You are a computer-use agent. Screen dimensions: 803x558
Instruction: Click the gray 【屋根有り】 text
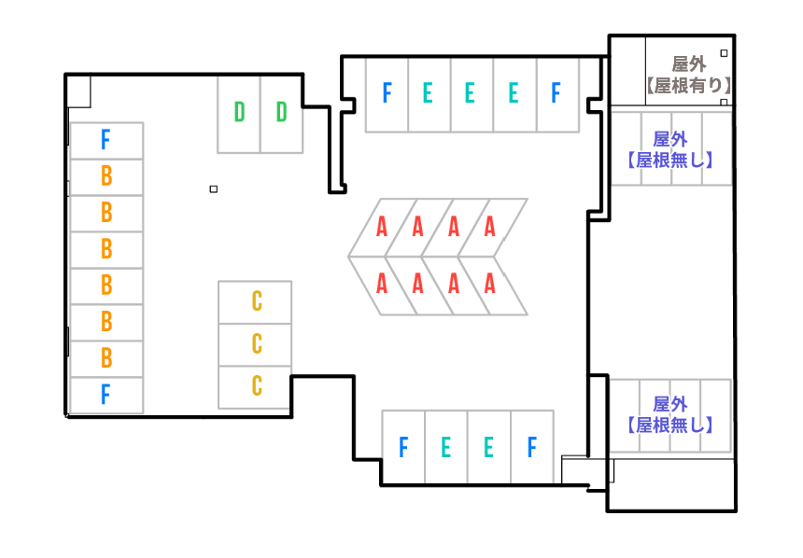[x=688, y=86]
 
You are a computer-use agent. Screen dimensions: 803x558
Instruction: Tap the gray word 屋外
[x=689, y=64]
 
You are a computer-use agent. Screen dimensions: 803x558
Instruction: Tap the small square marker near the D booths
[x=214, y=188]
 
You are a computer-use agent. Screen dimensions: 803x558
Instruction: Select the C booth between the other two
[x=255, y=344]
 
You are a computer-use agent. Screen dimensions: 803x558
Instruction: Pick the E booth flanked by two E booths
[x=472, y=95]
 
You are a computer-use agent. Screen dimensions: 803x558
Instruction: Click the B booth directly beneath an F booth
[x=106, y=177]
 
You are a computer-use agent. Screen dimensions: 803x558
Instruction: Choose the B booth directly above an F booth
[x=106, y=359]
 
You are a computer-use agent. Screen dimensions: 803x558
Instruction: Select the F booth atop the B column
[x=106, y=141]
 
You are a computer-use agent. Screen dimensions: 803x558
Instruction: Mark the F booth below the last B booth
[x=106, y=396]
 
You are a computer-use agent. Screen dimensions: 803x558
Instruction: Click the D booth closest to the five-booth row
[x=282, y=115]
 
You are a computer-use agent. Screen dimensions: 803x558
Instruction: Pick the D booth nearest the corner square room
[x=239, y=115]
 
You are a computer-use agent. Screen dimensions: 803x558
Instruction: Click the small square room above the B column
[x=78, y=91]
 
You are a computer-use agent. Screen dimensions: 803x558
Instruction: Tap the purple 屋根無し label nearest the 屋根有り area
[x=670, y=160]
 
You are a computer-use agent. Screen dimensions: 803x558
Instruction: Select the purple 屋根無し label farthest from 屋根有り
[x=670, y=425]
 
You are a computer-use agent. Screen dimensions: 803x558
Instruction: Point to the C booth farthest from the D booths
[x=255, y=387]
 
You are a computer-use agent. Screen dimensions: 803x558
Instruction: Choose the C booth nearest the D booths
[x=255, y=302]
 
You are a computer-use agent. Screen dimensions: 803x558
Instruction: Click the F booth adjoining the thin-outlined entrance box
[x=532, y=447]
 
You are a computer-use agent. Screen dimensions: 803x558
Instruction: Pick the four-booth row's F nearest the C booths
[x=403, y=447]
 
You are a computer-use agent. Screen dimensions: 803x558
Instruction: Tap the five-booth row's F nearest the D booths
[x=387, y=95]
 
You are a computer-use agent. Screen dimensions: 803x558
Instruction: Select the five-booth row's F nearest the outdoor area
[x=557, y=95]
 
